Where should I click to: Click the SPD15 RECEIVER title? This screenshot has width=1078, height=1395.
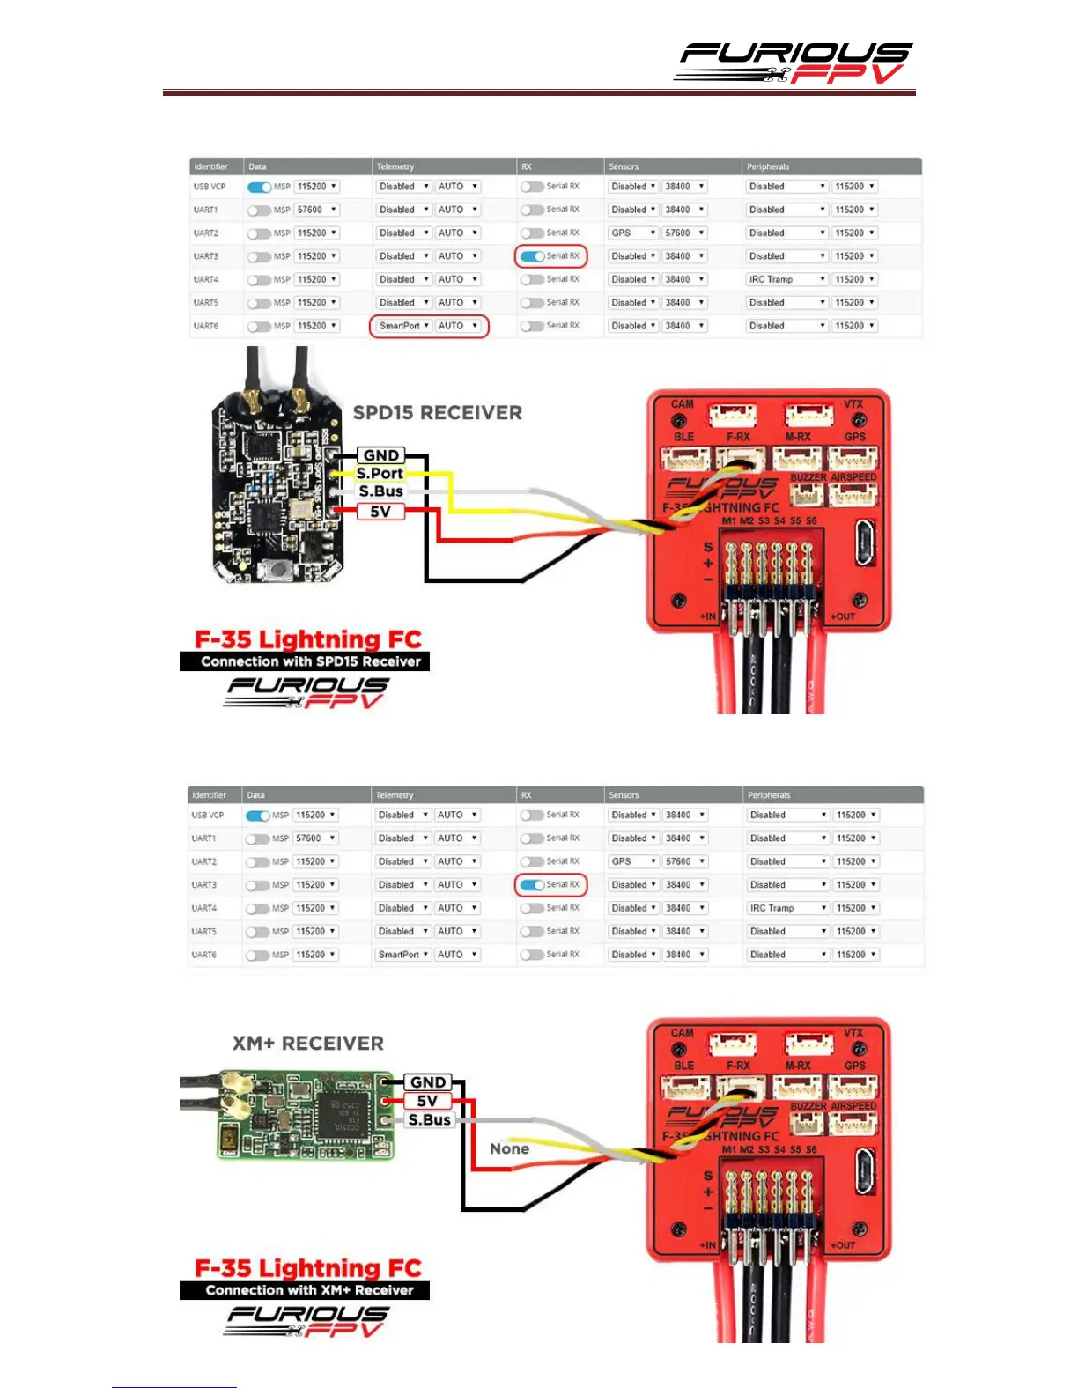pyautogui.click(x=437, y=412)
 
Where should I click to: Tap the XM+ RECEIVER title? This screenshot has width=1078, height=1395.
pyautogui.click(x=307, y=1044)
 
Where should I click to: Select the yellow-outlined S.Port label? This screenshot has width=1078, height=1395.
pyautogui.click(x=380, y=473)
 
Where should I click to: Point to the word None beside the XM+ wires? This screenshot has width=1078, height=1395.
pyautogui.click(x=509, y=1148)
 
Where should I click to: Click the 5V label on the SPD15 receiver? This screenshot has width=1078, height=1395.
pyautogui.click(x=380, y=512)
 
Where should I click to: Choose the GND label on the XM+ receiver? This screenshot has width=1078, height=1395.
pyautogui.click(x=428, y=1082)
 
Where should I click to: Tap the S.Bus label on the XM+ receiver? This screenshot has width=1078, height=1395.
pyautogui.click(x=429, y=1120)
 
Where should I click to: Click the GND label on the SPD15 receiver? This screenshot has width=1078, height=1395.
pyautogui.click(x=381, y=455)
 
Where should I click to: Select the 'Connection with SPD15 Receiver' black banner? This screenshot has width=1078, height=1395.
pyautogui.click(x=305, y=661)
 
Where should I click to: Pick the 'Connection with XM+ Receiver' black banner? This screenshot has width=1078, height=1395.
pyautogui.click(x=305, y=1290)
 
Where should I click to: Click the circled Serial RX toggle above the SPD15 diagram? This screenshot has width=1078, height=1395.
pyautogui.click(x=534, y=256)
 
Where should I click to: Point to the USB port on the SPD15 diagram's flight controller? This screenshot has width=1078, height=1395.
pyautogui.click(x=866, y=542)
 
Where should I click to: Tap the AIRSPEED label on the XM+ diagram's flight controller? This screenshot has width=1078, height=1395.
pyautogui.click(x=853, y=1106)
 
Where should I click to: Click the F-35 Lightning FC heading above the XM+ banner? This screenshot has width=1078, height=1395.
pyautogui.click(x=307, y=1268)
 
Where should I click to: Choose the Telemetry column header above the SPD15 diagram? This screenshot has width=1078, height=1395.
pyautogui.click(x=395, y=166)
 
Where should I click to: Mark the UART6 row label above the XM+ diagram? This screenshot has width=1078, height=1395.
pyautogui.click(x=204, y=955)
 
